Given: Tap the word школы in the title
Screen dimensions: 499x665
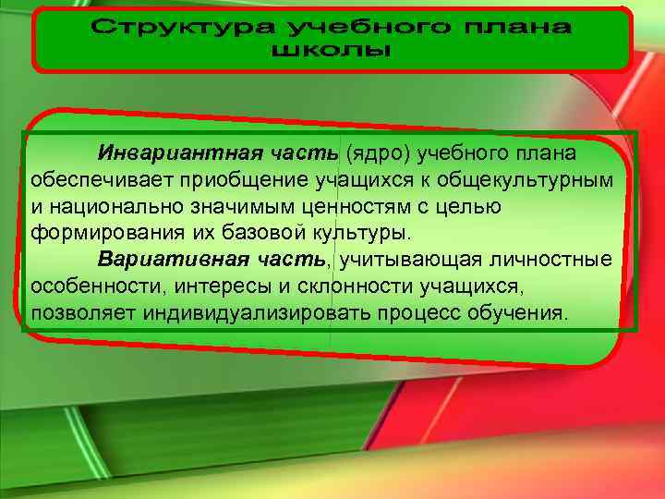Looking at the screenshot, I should coord(332,51).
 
